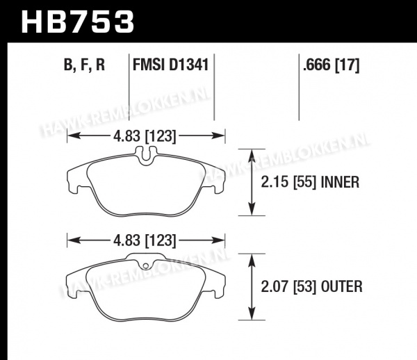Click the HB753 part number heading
[77, 22]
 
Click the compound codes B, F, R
[84, 65]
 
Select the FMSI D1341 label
[170, 65]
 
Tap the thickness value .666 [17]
[331, 65]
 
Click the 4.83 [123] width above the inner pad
[145, 136]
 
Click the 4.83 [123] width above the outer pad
[145, 240]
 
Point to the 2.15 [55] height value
[289, 182]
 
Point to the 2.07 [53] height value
[289, 286]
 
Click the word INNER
[340, 182]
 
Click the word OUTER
[342, 286]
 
